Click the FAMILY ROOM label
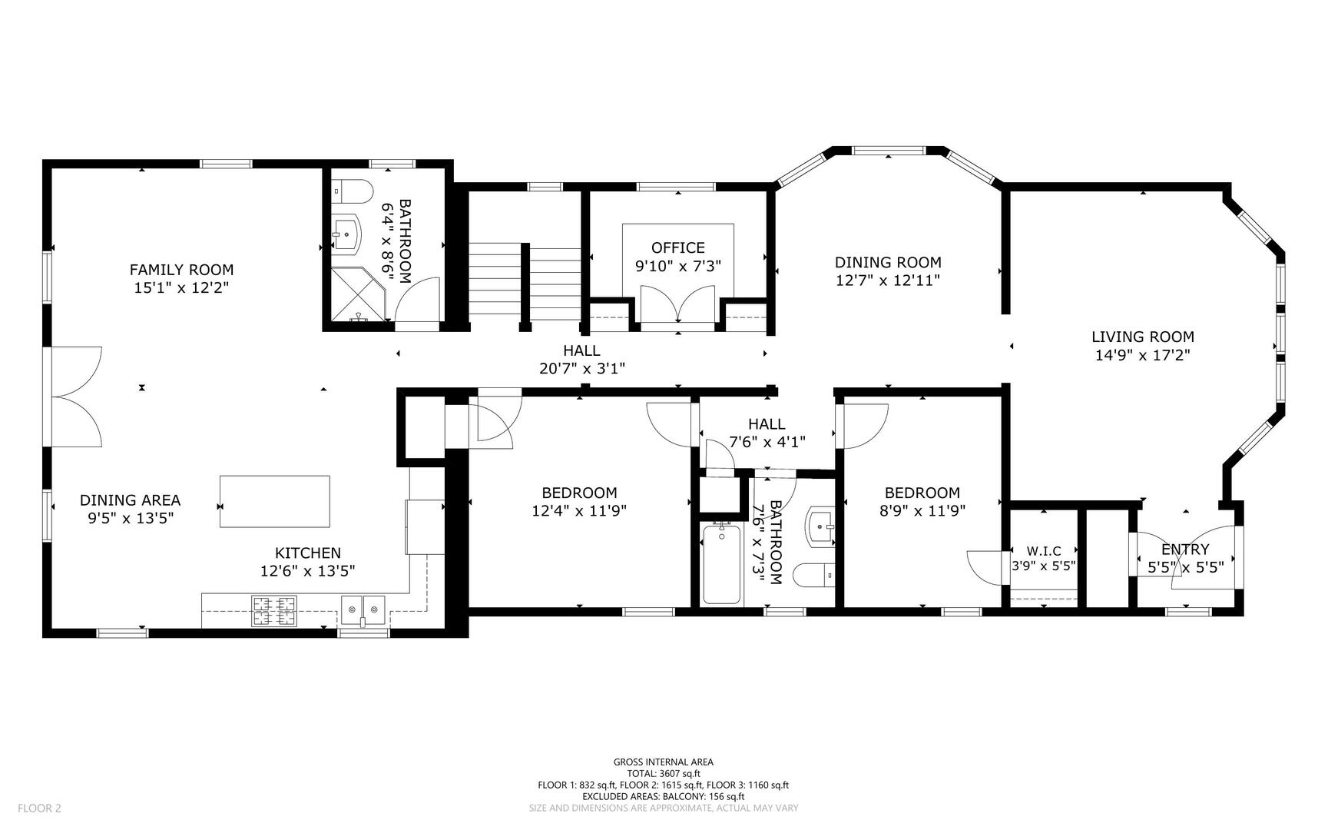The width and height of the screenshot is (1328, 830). (x=181, y=270)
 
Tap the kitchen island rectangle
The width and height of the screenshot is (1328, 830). (x=275, y=501)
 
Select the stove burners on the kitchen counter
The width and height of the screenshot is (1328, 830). (x=274, y=611)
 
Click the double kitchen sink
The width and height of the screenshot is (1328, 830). (x=363, y=610)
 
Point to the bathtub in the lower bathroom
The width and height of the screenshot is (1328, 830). (x=722, y=563)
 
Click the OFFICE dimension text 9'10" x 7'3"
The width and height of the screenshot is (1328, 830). (x=678, y=266)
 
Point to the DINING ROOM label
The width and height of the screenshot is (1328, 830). (x=888, y=263)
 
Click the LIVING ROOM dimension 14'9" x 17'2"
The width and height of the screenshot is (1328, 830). (x=1143, y=355)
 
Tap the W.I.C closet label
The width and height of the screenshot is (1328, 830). (x=1044, y=551)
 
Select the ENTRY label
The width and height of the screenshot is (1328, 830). (x=1185, y=549)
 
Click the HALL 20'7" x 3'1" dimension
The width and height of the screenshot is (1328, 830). (x=582, y=369)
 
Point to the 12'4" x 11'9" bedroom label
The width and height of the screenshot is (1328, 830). (x=579, y=510)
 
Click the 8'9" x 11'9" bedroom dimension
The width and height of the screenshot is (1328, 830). (x=922, y=510)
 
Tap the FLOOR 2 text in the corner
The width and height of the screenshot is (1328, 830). (x=39, y=808)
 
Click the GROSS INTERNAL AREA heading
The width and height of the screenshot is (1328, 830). (x=664, y=762)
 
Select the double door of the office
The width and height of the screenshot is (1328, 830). (x=678, y=307)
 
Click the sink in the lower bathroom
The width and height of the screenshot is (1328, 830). (x=820, y=526)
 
